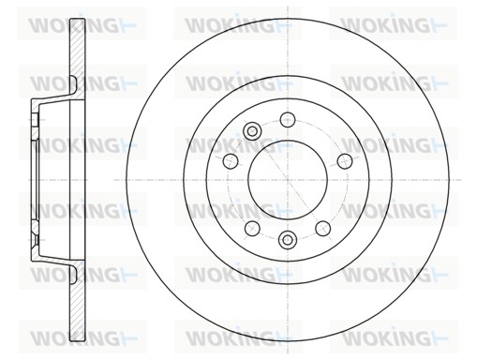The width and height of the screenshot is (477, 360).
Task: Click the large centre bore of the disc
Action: coord(288,180)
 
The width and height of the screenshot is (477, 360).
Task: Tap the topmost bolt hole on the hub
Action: coord(288,119)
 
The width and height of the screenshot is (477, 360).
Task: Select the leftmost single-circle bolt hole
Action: coord(231,161)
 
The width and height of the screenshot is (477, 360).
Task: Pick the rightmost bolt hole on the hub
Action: coord(345,161)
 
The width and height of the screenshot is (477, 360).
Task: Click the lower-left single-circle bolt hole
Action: coord(252,229)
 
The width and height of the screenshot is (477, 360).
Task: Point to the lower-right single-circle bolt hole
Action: coord(323,229)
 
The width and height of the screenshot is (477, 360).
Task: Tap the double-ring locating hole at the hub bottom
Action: coord(288,240)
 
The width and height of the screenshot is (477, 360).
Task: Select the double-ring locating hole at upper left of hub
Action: coord(252,130)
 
